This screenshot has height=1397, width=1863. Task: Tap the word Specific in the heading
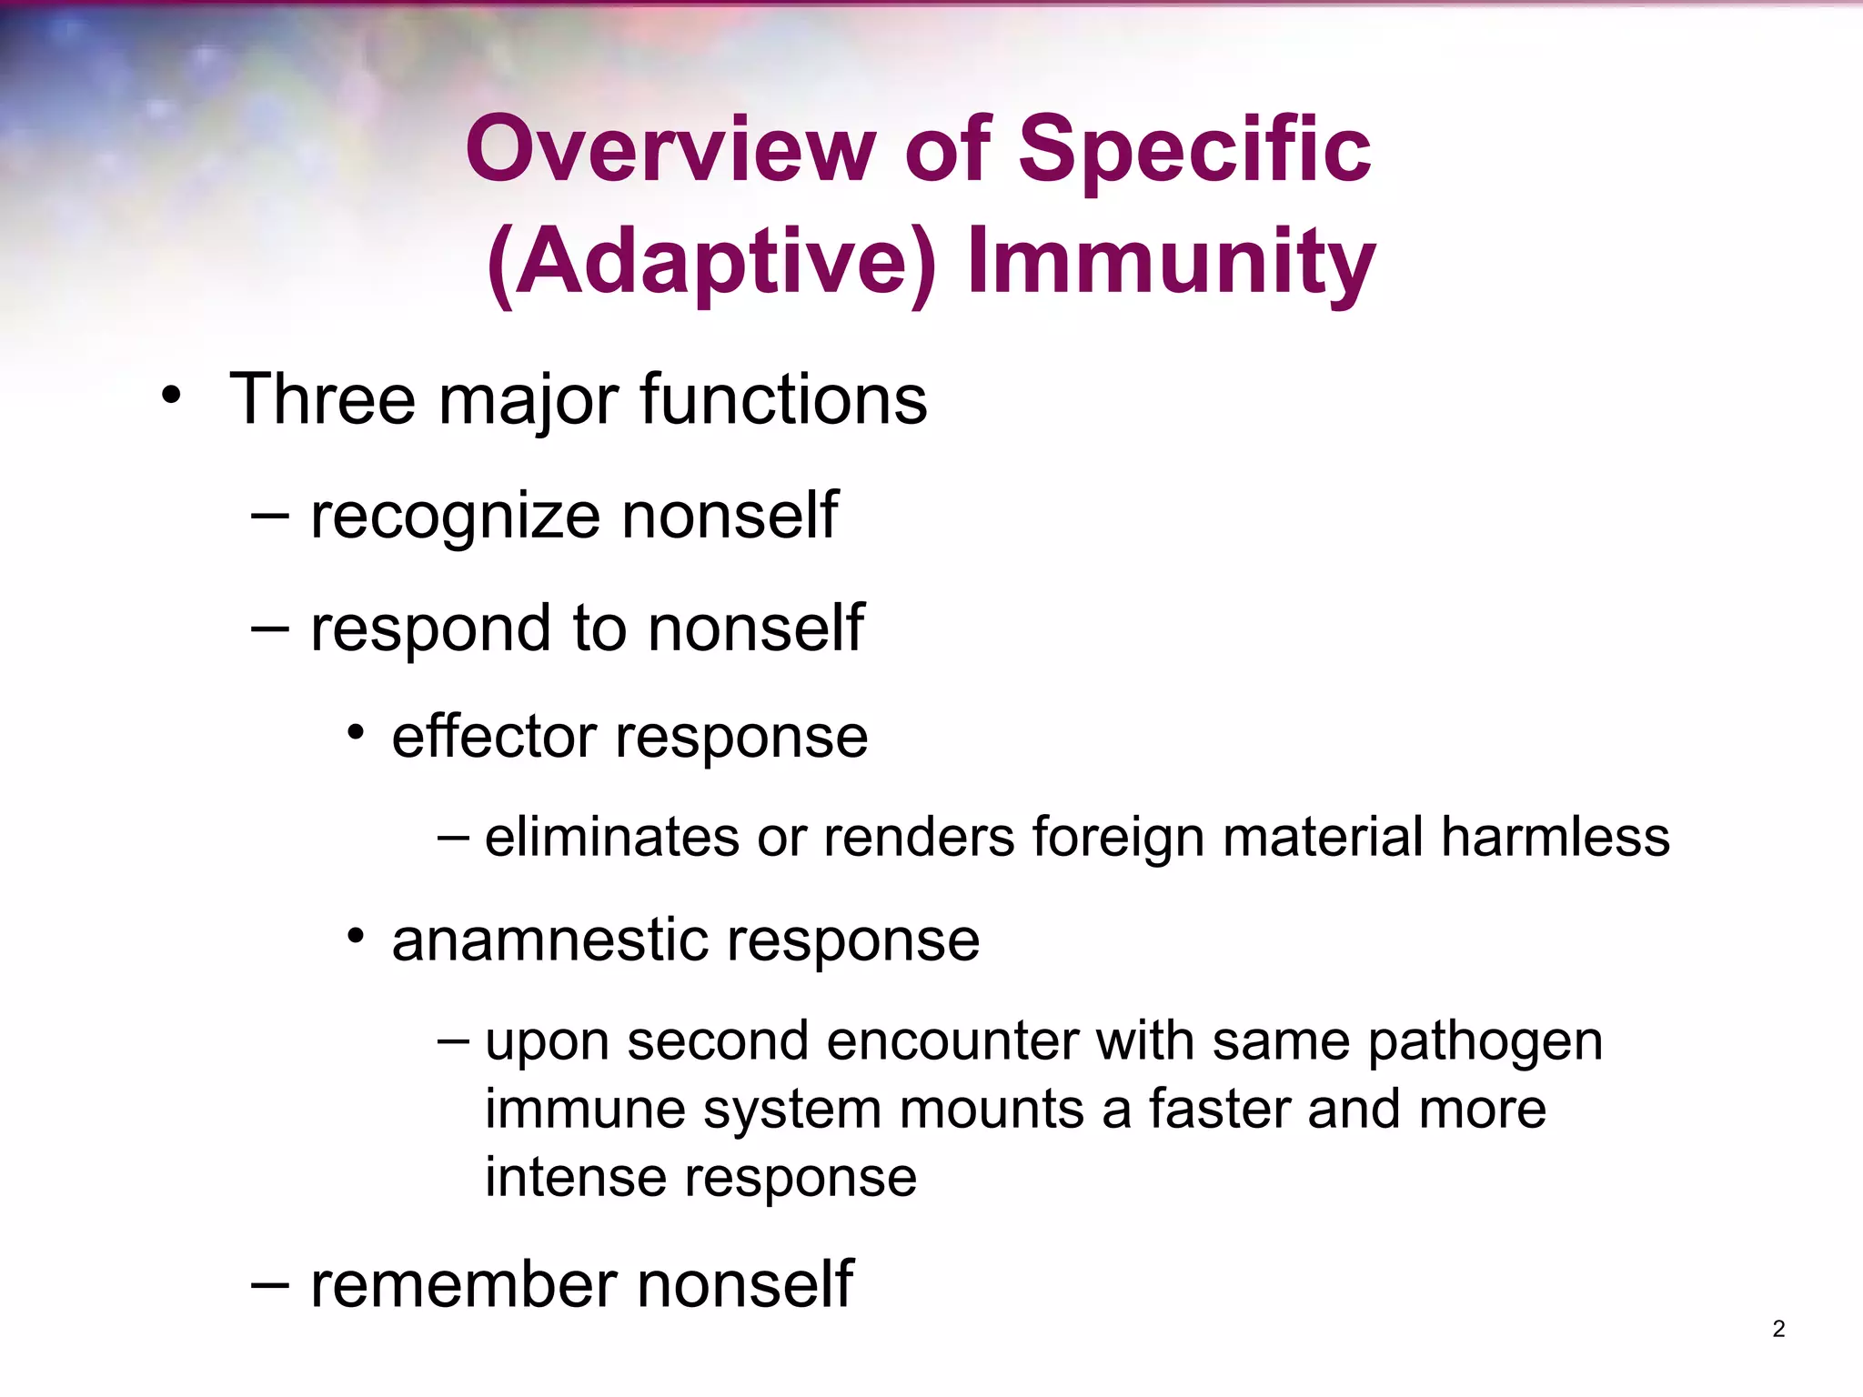click(x=1193, y=150)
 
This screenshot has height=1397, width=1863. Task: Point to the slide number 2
click(x=1778, y=1329)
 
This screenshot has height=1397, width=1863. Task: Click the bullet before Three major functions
click(x=171, y=397)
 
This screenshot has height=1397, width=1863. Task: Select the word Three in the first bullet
click(x=323, y=400)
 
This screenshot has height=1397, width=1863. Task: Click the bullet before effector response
click(x=356, y=732)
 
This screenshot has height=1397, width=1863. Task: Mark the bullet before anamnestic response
click(x=356, y=936)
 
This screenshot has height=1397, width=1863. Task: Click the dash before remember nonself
click(x=270, y=1284)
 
